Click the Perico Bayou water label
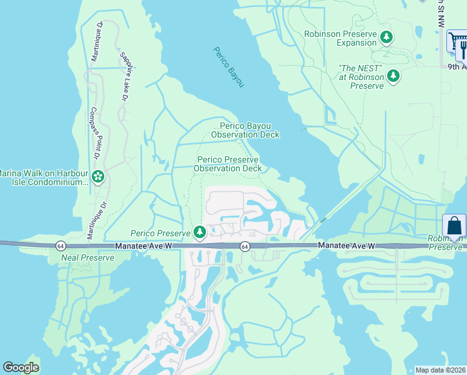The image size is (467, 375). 229,67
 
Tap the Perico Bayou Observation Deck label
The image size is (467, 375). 245,130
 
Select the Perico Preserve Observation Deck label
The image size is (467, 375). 227,164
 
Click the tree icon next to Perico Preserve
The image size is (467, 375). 200,233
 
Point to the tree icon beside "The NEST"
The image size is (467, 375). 393,76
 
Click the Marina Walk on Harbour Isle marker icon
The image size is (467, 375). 97,177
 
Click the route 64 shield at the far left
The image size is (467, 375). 61,246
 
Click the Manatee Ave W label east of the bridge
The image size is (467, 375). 347,246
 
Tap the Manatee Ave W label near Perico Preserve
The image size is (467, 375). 143,246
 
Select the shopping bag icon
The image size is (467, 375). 454,225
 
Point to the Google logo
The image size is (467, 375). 21,367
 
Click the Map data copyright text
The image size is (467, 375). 441,370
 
